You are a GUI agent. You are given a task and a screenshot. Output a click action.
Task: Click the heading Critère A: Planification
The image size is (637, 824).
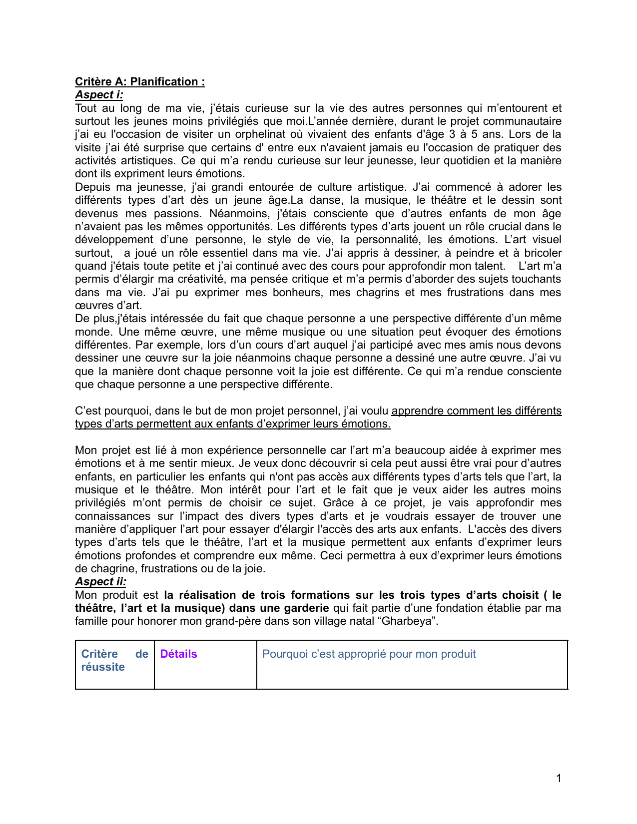(x=139, y=81)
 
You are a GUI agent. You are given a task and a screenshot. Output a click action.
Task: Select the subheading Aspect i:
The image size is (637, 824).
(x=99, y=94)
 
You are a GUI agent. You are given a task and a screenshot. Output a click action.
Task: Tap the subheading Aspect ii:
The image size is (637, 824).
(x=100, y=581)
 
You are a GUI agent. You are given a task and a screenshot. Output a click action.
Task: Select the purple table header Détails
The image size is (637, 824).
(x=178, y=654)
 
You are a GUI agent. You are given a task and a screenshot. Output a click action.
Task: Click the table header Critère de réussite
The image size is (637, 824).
(x=114, y=660)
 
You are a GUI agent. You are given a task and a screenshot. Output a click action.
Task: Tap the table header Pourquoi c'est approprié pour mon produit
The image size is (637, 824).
(x=369, y=654)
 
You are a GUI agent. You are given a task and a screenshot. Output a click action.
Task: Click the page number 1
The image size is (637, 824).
(x=559, y=778)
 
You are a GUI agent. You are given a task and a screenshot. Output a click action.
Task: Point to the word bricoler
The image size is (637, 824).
(x=543, y=253)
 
